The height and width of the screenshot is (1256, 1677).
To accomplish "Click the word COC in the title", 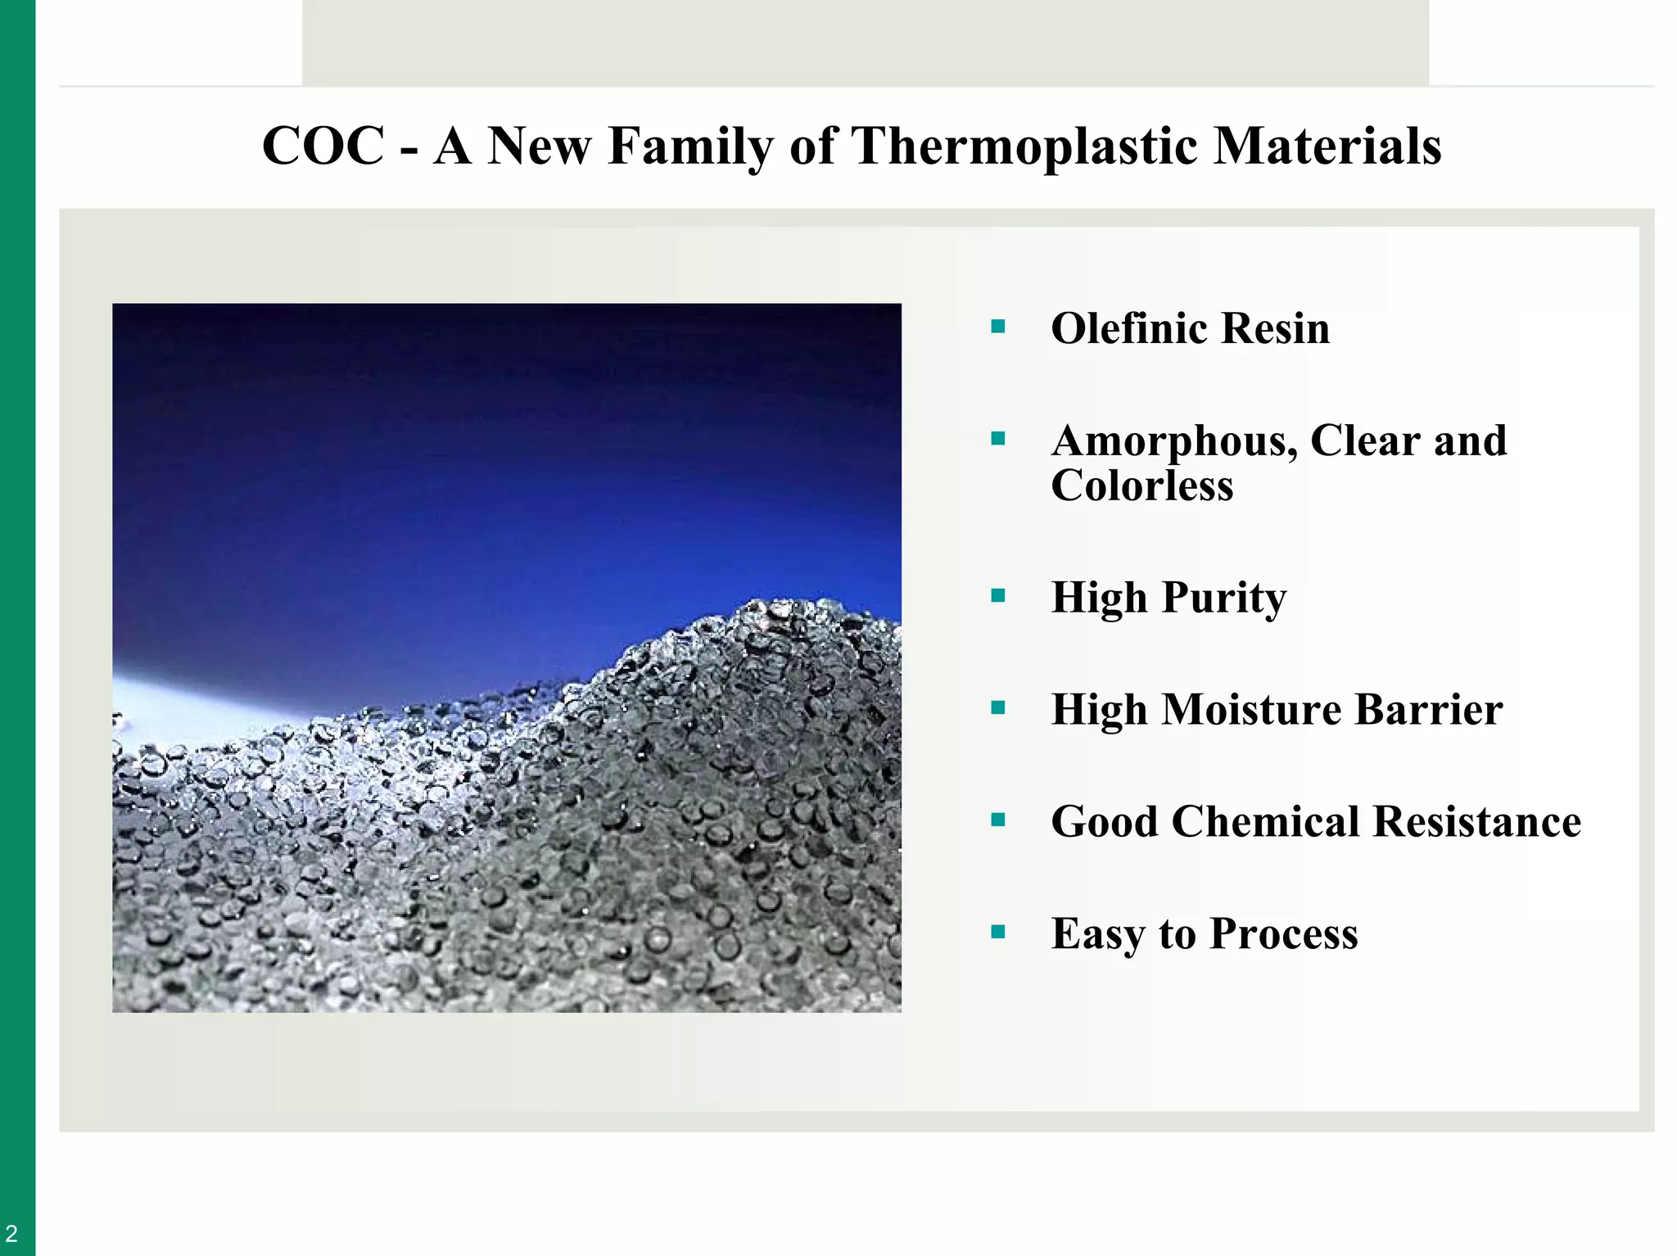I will click(323, 147).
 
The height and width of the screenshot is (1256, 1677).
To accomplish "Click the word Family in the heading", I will click(690, 147).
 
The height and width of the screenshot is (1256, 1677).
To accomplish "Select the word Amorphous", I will click(1174, 441).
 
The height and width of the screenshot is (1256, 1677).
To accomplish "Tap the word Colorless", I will click(1141, 486).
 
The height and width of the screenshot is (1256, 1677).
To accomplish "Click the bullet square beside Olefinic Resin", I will click(997, 328).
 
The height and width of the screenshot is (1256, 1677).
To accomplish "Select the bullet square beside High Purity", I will click(997, 596).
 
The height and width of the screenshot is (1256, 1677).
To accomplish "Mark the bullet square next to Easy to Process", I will click(997, 932).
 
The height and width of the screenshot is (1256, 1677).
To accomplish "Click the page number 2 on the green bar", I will click(11, 1233).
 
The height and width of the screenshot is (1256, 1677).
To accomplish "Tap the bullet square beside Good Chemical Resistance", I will click(997, 820).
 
